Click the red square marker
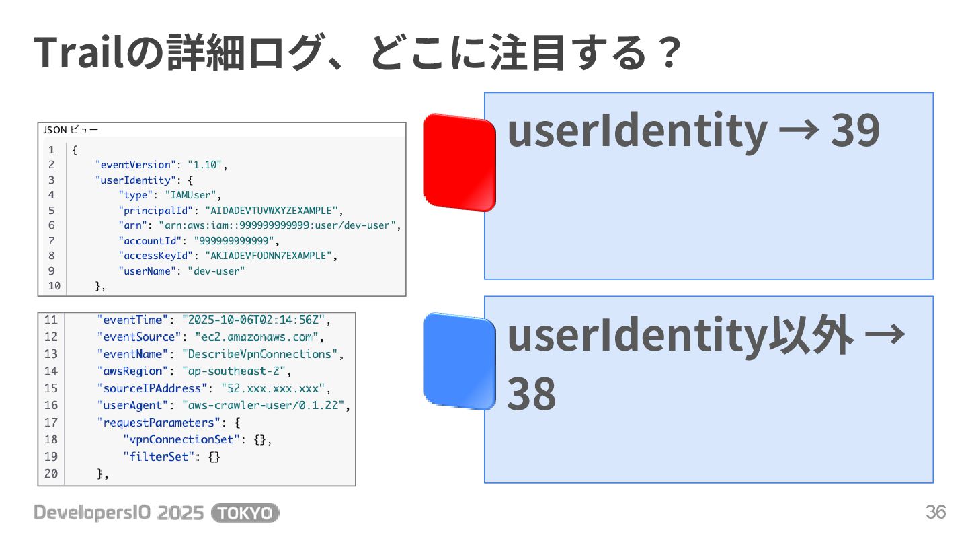coord(459,162)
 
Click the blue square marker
coord(459,361)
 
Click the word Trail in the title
coord(79,52)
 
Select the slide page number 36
coord(936,513)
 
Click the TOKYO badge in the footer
coord(245,513)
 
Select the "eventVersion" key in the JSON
coord(136,165)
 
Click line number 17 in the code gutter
coord(51,423)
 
